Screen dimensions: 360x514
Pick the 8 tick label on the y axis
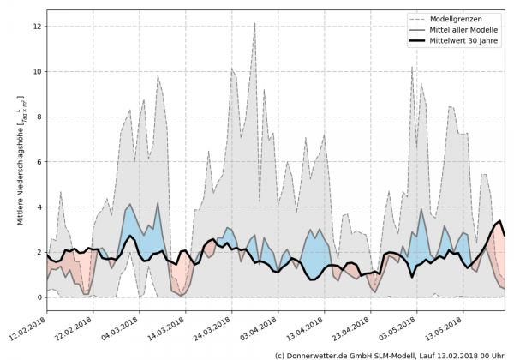tap(39, 117)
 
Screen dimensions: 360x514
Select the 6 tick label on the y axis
tap(39, 162)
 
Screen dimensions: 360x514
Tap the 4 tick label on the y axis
tap(39, 207)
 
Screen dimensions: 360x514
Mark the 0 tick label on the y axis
tap(39, 297)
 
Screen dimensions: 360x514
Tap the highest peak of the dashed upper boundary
tap(254, 24)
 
